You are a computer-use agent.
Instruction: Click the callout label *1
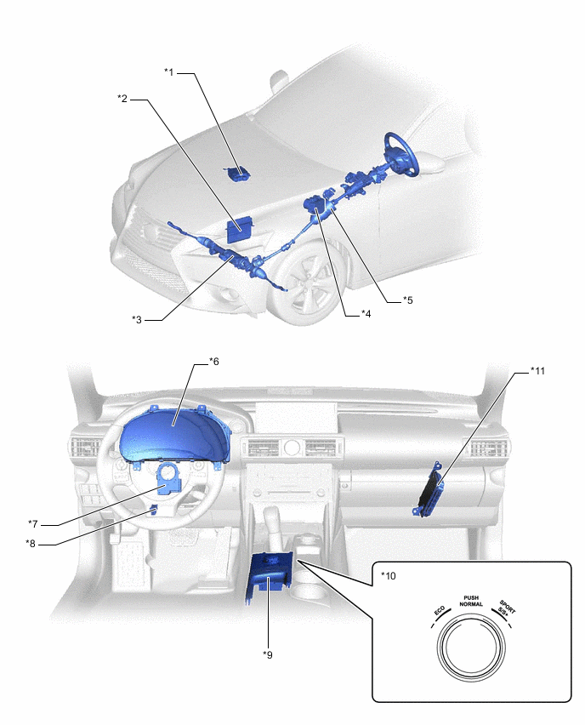(x=169, y=72)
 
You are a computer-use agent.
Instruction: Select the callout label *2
(x=122, y=99)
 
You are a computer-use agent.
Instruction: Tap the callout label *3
(x=137, y=319)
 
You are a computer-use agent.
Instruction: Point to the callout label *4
(x=366, y=314)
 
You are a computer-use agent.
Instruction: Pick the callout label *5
(x=407, y=300)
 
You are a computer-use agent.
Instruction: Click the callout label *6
(x=214, y=361)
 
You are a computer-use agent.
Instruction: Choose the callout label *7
(x=33, y=524)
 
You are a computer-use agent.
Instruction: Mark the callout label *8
(x=31, y=544)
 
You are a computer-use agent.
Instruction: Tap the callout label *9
(x=268, y=654)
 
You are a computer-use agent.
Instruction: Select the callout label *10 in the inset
(x=388, y=575)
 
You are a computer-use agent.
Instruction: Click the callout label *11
(x=537, y=370)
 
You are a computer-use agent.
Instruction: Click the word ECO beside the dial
(x=440, y=611)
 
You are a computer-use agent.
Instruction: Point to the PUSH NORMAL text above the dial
(x=471, y=601)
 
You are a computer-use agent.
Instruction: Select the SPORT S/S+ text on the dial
(x=506, y=608)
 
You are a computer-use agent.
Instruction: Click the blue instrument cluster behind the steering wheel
(x=174, y=435)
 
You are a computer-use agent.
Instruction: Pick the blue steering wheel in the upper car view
(x=401, y=154)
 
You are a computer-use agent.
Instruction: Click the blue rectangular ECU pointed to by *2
(x=240, y=229)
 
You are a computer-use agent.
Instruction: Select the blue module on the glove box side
(x=429, y=489)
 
